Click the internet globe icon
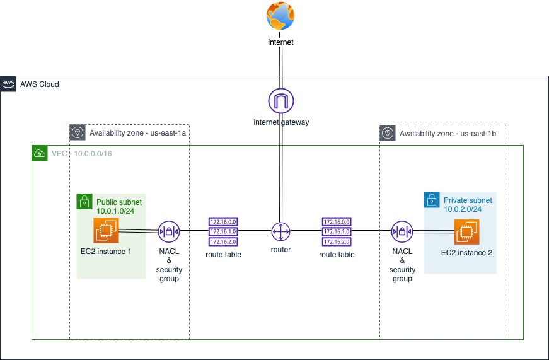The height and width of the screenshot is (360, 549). pos(280,16)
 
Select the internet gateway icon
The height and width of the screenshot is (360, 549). pos(281,101)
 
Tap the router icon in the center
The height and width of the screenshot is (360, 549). pos(280,231)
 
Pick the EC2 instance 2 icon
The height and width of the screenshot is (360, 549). pos(466,232)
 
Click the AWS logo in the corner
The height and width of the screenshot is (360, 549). pos(8,84)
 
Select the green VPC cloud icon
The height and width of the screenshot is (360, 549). pos(39,153)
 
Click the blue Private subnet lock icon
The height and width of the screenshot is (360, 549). pos(432,200)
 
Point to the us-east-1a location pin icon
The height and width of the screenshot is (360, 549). pos(77,132)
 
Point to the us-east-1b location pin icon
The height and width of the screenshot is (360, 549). pos(387,132)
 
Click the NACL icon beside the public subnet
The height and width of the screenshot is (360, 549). pos(169,231)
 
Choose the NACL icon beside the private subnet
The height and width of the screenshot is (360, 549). pos(402,231)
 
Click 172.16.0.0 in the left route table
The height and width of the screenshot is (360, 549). pos(223,222)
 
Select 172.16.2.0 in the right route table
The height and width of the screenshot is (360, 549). pos(337,241)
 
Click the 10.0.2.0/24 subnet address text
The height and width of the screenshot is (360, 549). pos(463,209)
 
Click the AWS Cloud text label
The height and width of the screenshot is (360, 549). pos(40,84)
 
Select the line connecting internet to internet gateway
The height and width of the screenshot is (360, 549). pos(280,68)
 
